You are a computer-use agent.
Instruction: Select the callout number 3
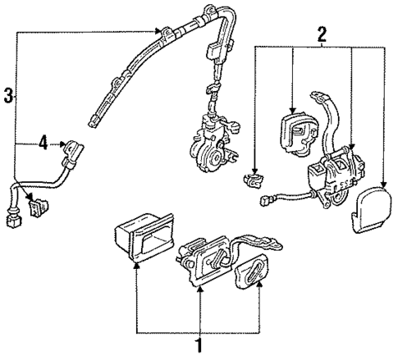(x=8, y=95)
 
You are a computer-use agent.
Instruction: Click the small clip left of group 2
(x=254, y=179)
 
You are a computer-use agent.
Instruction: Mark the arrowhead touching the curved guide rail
(x=160, y=31)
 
